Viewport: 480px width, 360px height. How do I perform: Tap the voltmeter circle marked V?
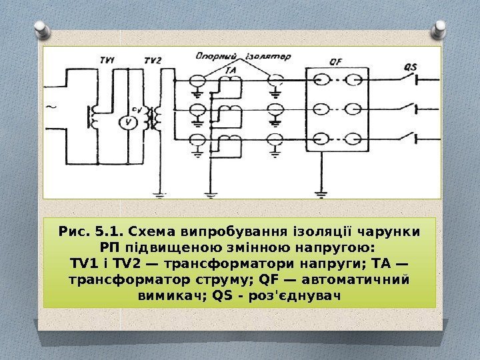tap(131, 121)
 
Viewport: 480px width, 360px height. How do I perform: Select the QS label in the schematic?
tap(411, 66)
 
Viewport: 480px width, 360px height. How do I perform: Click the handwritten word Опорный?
tap(211, 57)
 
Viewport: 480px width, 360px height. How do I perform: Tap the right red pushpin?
tap(441, 28)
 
